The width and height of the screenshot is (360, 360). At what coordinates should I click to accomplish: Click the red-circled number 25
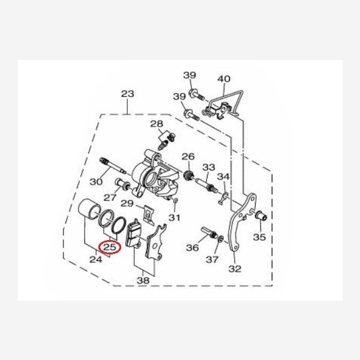pyautogui.click(x=110, y=247)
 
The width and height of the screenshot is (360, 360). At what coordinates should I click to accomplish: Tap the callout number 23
pyautogui.click(x=128, y=94)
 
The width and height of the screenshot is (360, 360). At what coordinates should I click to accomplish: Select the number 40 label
pyautogui.click(x=224, y=79)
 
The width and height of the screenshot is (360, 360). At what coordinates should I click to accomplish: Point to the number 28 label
pyautogui.click(x=157, y=124)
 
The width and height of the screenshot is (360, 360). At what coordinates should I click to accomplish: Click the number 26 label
pyautogui.click(x=188, y=157)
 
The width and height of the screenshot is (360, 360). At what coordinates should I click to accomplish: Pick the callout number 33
pyautogui.click(x=209, y=167)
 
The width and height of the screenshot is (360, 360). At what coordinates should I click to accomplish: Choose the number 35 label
pyautogui.click(x=259, y=237)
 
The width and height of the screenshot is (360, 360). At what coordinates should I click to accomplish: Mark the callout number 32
pyautogui.click(x=235, y=269)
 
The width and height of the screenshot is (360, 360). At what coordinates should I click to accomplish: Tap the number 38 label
pyautogui.click(x=143, y=280)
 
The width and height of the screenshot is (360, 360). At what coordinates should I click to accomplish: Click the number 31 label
pyautogui.click(x=175, y=217)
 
